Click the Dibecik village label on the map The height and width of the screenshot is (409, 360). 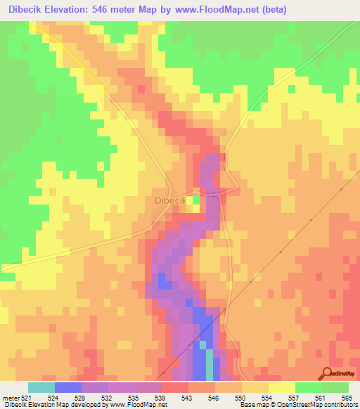pos(169,200)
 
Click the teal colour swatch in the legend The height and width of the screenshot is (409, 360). pos(41,388)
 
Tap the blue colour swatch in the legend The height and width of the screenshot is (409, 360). pos(68,388)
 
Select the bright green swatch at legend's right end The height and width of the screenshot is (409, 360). pos(335,388)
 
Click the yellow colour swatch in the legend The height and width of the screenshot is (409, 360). pos(282,388)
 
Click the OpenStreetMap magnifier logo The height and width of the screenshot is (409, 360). pos(327,372)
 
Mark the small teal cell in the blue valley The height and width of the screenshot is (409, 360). pos(203,345)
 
